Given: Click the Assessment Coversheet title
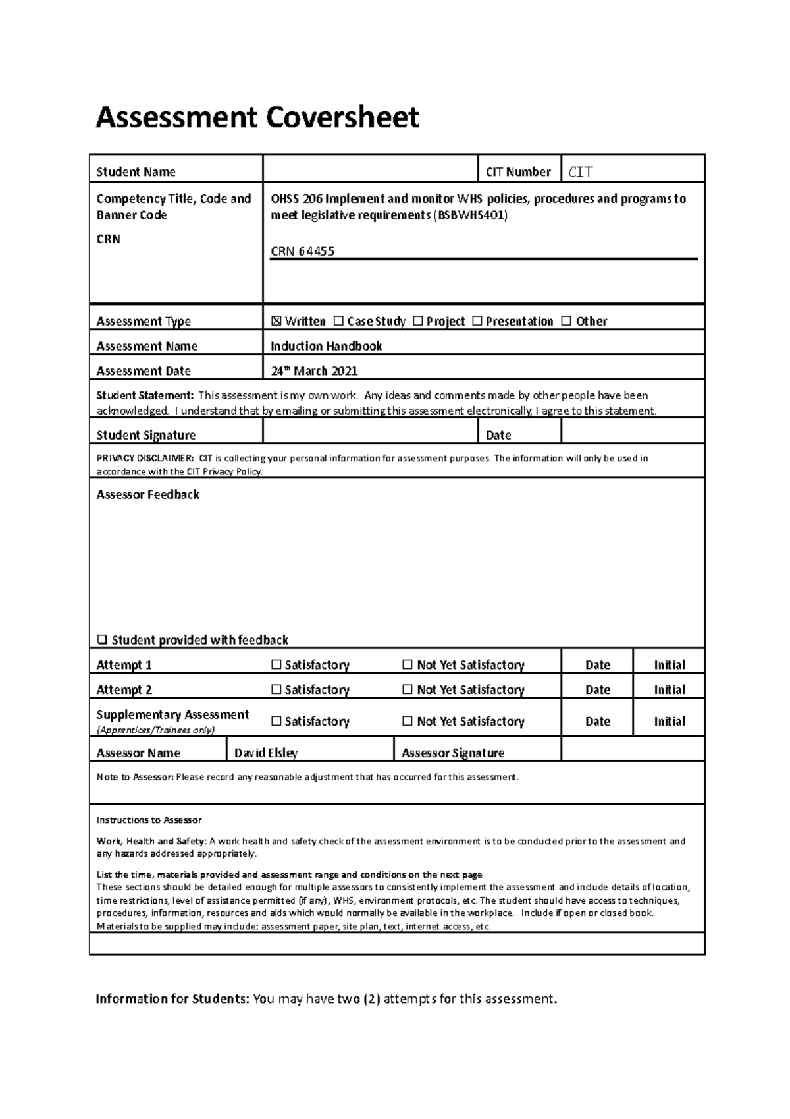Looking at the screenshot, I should (257, 118).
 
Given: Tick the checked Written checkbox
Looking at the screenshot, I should (276, 321).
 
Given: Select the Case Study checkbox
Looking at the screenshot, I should (338, 321).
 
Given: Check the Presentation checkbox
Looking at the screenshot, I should (477, 321).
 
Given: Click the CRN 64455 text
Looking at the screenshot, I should (303, 251).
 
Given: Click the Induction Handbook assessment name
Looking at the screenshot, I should (327, 346).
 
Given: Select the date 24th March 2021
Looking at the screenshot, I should (314, 370).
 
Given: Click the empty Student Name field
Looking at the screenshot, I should (369, 171).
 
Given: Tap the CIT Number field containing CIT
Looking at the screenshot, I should (632, 172).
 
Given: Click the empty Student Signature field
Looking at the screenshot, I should (369, 434).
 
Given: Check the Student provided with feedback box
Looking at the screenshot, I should (102, 639).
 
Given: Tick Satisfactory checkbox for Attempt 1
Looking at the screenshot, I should (276, 665).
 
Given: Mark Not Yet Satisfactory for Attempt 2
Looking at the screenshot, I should (408, 690).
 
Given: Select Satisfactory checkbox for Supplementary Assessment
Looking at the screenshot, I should (276, 721).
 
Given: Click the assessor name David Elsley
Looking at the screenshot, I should (266, 753).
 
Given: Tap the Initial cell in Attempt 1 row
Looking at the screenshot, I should (669, 665).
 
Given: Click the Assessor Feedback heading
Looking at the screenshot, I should (147, 494).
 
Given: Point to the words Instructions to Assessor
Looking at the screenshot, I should (149, 820).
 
